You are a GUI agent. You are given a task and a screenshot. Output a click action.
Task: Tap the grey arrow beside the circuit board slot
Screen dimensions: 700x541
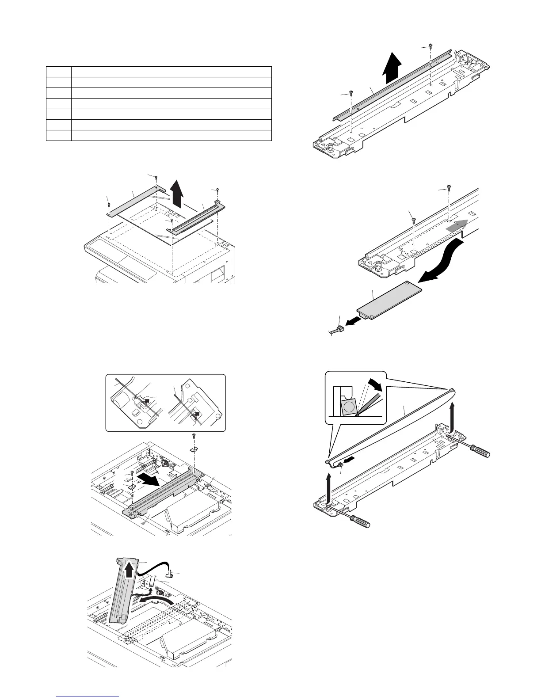455,226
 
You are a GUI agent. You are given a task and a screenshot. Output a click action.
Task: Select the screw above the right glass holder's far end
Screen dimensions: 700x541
218,190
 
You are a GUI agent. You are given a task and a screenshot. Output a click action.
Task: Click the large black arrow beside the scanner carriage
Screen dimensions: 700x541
149,480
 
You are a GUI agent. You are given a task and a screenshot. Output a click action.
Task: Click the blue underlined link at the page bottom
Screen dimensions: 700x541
88,697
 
